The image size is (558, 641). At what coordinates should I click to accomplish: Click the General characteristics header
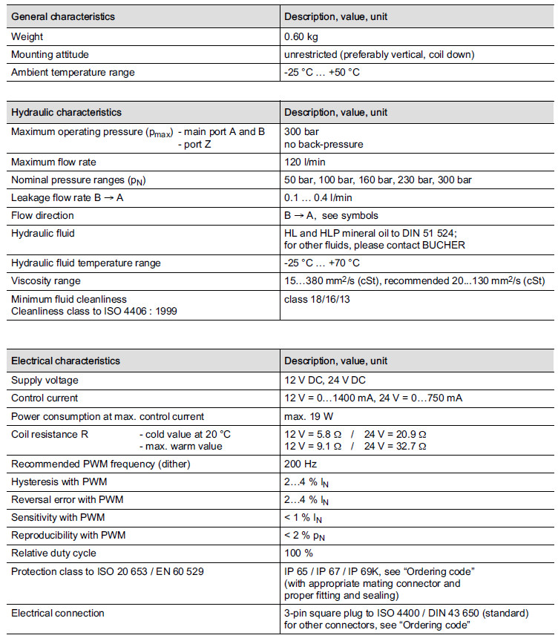(63, 16)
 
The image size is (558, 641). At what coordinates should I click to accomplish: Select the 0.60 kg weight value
(303, 36)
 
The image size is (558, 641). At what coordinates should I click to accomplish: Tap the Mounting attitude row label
(51, 54)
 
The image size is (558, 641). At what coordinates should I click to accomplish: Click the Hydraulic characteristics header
(66, 112)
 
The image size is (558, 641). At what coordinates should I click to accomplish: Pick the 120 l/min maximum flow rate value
(305, 162)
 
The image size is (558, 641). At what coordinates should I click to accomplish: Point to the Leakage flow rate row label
(62, 197)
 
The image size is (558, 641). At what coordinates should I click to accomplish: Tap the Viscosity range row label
(45, 281)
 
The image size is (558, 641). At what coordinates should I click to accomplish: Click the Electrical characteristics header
(65, 361)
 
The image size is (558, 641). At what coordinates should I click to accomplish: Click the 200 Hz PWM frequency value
(301, 464)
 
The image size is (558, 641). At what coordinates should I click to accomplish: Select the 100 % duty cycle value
(298, 553)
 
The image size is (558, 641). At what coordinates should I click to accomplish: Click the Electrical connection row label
(57, 613)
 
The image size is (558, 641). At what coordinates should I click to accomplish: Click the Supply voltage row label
(45, 380)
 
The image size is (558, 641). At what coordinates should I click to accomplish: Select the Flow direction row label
(42, 215)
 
